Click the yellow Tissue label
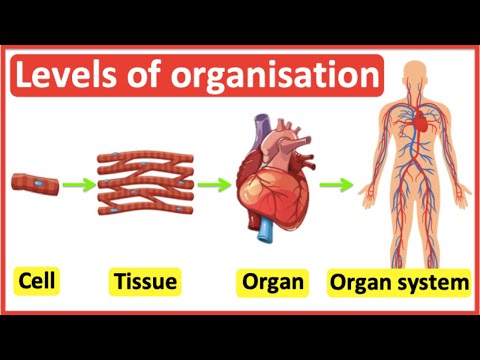tap(145, 283)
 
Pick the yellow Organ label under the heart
tap(272, 283)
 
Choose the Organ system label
tap(399, 283)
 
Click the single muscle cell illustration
tap(35, 183)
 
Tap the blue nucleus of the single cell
tap(37, 183)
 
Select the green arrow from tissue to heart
tap(213, 183)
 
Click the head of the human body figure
tap(412, 79)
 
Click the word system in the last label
tap(432, 283)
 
